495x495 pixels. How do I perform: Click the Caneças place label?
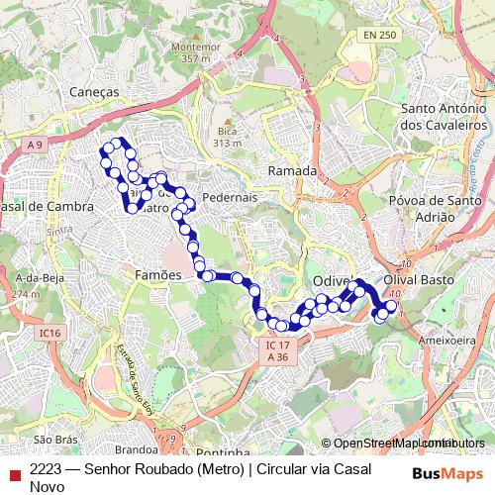(x=95, y=91)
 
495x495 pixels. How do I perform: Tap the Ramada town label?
(x=292, y=171)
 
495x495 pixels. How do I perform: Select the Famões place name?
(x=158, y=274)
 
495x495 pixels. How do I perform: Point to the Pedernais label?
(x=229, y=197)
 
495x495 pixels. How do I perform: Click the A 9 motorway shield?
(x=36, y=146)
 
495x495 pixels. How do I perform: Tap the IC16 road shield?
(x=51, y=334)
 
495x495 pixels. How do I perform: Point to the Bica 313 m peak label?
(x=228, y=137)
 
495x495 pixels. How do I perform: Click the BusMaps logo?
(x=446, y=473)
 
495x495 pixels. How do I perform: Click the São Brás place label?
(x=55, y=439)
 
